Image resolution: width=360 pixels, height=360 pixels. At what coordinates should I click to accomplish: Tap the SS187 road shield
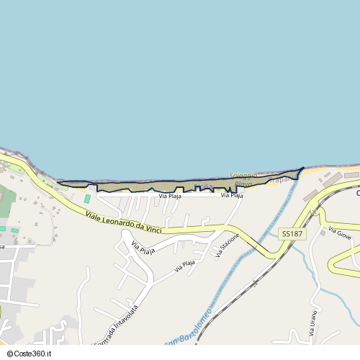point(292,234)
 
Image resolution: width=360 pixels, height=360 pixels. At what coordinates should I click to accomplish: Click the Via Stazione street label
point(227,245)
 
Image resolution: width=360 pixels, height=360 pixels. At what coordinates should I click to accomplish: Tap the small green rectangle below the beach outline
point(87,198)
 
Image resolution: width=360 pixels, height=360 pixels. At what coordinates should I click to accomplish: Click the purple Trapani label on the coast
point(282,179)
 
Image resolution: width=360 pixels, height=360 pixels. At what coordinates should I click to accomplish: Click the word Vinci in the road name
point(150,228)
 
